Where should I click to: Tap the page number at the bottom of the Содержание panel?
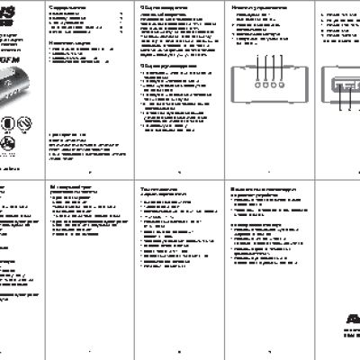pyautogui.click(x=87, y=175)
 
